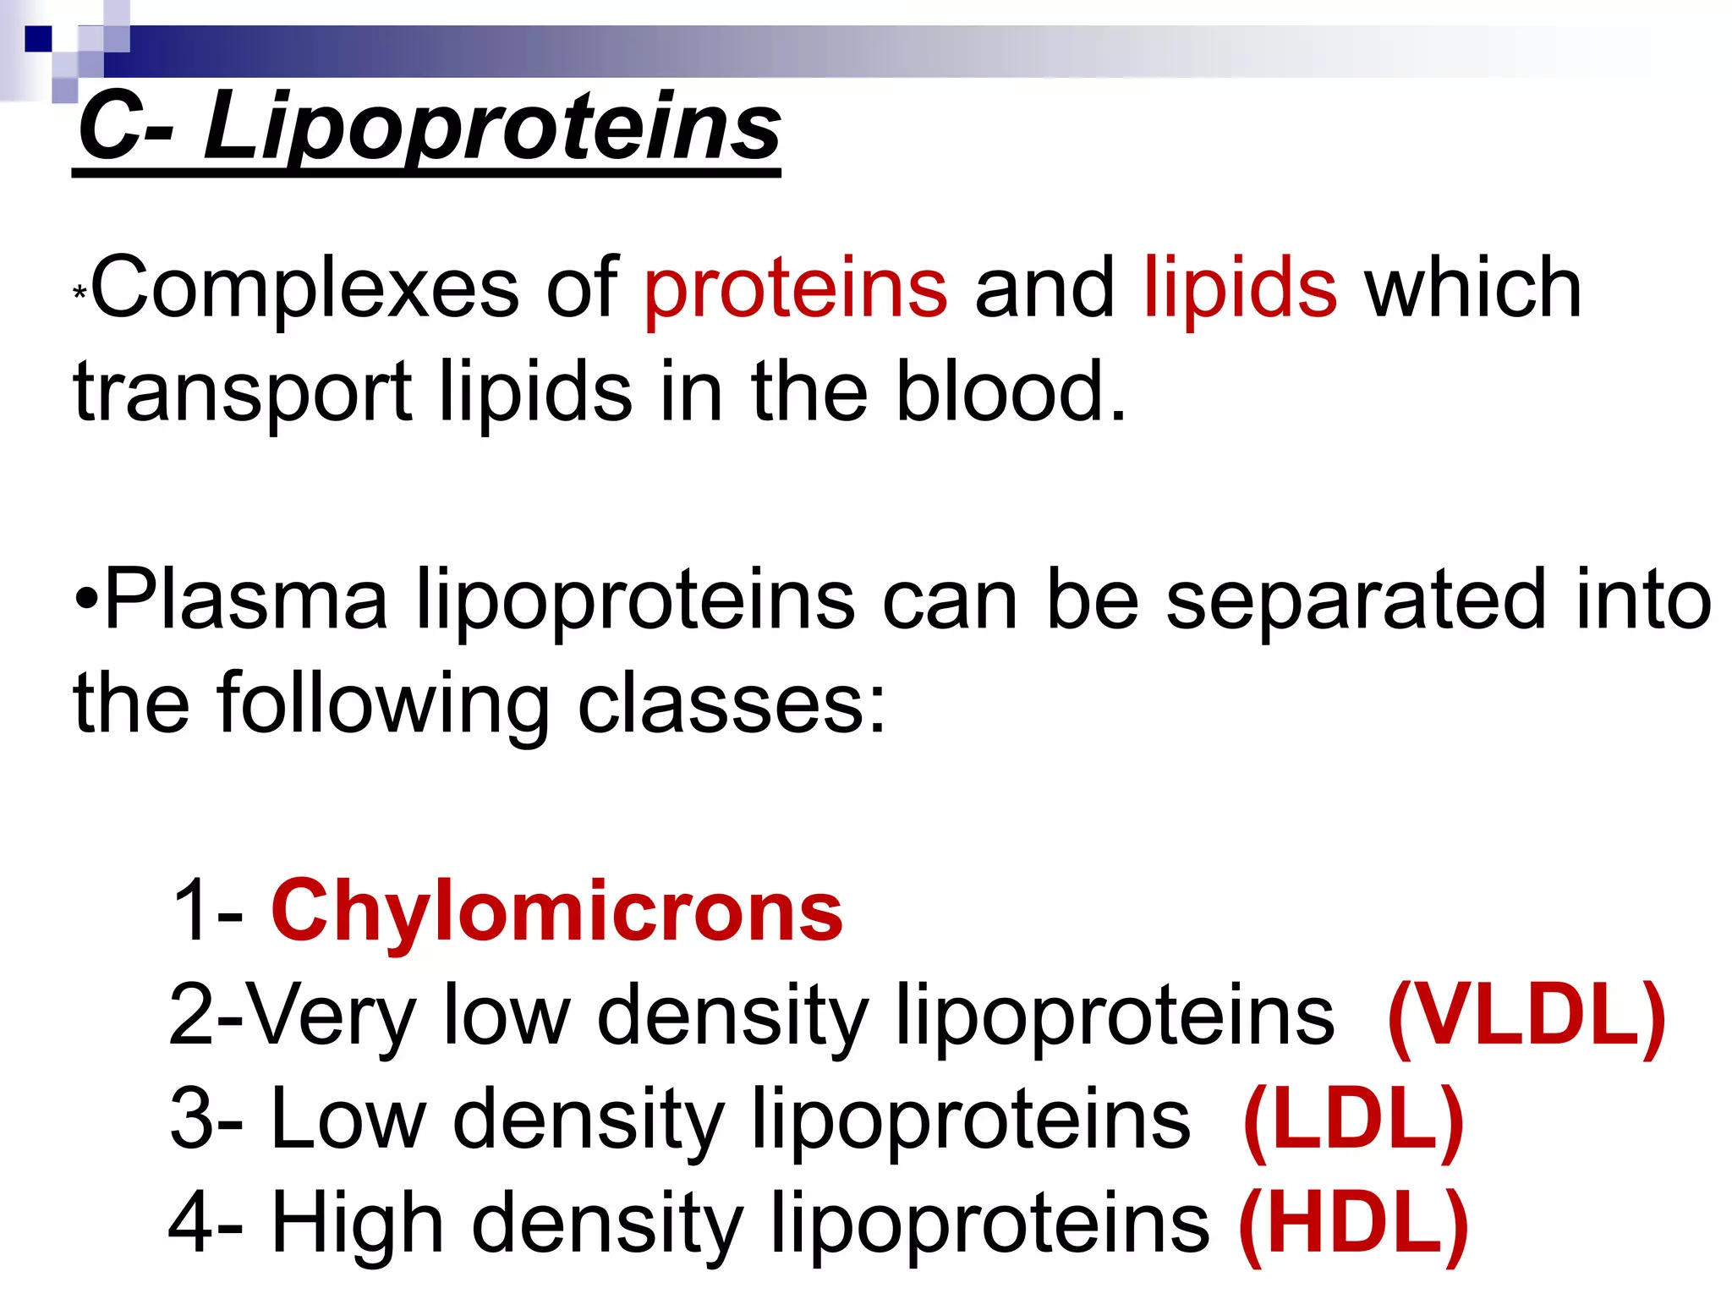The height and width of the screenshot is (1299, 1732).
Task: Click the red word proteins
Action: [795, 289]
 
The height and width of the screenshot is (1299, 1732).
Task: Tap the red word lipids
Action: [1240, 289]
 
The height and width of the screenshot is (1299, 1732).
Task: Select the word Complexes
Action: [304, 289]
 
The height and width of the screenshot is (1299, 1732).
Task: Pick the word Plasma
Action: [245, 600]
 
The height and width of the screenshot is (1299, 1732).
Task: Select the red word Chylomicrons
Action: [556, 912]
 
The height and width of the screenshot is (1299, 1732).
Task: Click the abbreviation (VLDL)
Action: [1526, 1015]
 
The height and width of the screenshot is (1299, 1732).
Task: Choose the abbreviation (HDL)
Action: [1353, 1223]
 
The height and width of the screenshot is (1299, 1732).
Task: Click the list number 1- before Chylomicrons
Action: [208, 912]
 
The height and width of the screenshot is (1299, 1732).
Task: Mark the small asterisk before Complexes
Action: [79, 294]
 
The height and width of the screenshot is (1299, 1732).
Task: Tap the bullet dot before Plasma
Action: [87, 602]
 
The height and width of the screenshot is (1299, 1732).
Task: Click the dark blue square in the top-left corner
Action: [38, 39]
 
